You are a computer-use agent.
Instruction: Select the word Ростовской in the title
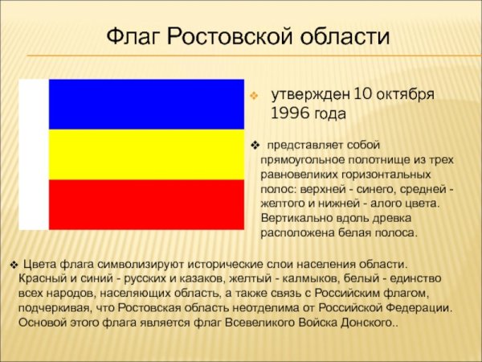pos(227,38)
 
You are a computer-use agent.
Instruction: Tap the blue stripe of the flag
pos(146,104)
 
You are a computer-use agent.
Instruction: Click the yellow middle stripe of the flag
pos(146,154)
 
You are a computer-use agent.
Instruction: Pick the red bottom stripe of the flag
pos(146,204)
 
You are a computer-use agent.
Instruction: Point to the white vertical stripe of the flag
pos(33,154)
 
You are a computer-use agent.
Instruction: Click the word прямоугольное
pos(296,160)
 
